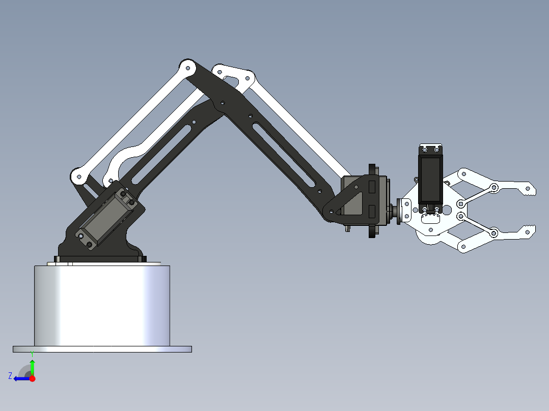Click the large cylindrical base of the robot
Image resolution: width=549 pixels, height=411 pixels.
102,305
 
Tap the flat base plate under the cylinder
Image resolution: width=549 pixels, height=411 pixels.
102,349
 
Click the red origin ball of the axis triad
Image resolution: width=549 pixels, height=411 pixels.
32,378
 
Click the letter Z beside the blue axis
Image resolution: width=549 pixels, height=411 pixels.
10,376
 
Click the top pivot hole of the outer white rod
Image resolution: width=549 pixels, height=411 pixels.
187,67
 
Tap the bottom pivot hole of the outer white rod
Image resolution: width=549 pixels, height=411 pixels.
78,177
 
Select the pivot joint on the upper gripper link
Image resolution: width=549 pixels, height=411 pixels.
493,188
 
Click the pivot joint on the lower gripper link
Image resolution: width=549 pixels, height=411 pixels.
493,233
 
